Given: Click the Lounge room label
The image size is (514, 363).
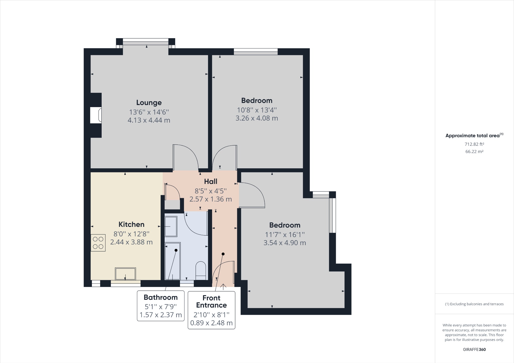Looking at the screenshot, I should (149, 103).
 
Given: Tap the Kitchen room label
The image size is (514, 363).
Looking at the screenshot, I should (131, 224).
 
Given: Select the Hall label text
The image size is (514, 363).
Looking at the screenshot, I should (211, 181).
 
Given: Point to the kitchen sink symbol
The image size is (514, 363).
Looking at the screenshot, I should (125, 274).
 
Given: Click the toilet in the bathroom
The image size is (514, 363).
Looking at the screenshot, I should (201, 271).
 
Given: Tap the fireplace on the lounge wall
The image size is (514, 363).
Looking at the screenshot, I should (96, 115).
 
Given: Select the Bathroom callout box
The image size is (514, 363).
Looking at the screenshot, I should (161, 306).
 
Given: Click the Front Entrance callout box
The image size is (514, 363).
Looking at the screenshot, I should (211, 310).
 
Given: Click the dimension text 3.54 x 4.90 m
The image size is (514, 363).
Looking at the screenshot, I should (285, 243).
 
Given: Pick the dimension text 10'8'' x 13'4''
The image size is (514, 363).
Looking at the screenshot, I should (257, 110).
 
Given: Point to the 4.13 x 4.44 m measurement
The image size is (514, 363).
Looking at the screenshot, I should (149, 120).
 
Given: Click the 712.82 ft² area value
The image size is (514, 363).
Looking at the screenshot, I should (474, 144).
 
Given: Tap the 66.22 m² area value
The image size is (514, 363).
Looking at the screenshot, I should (474, 152).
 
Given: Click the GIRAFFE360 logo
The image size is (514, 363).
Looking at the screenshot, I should (474, 349).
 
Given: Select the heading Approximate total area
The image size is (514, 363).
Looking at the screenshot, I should (473, 136).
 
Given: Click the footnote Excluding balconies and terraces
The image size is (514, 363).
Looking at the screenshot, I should (474, 304).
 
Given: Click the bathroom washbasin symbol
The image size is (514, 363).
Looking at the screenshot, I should (171, 227).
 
